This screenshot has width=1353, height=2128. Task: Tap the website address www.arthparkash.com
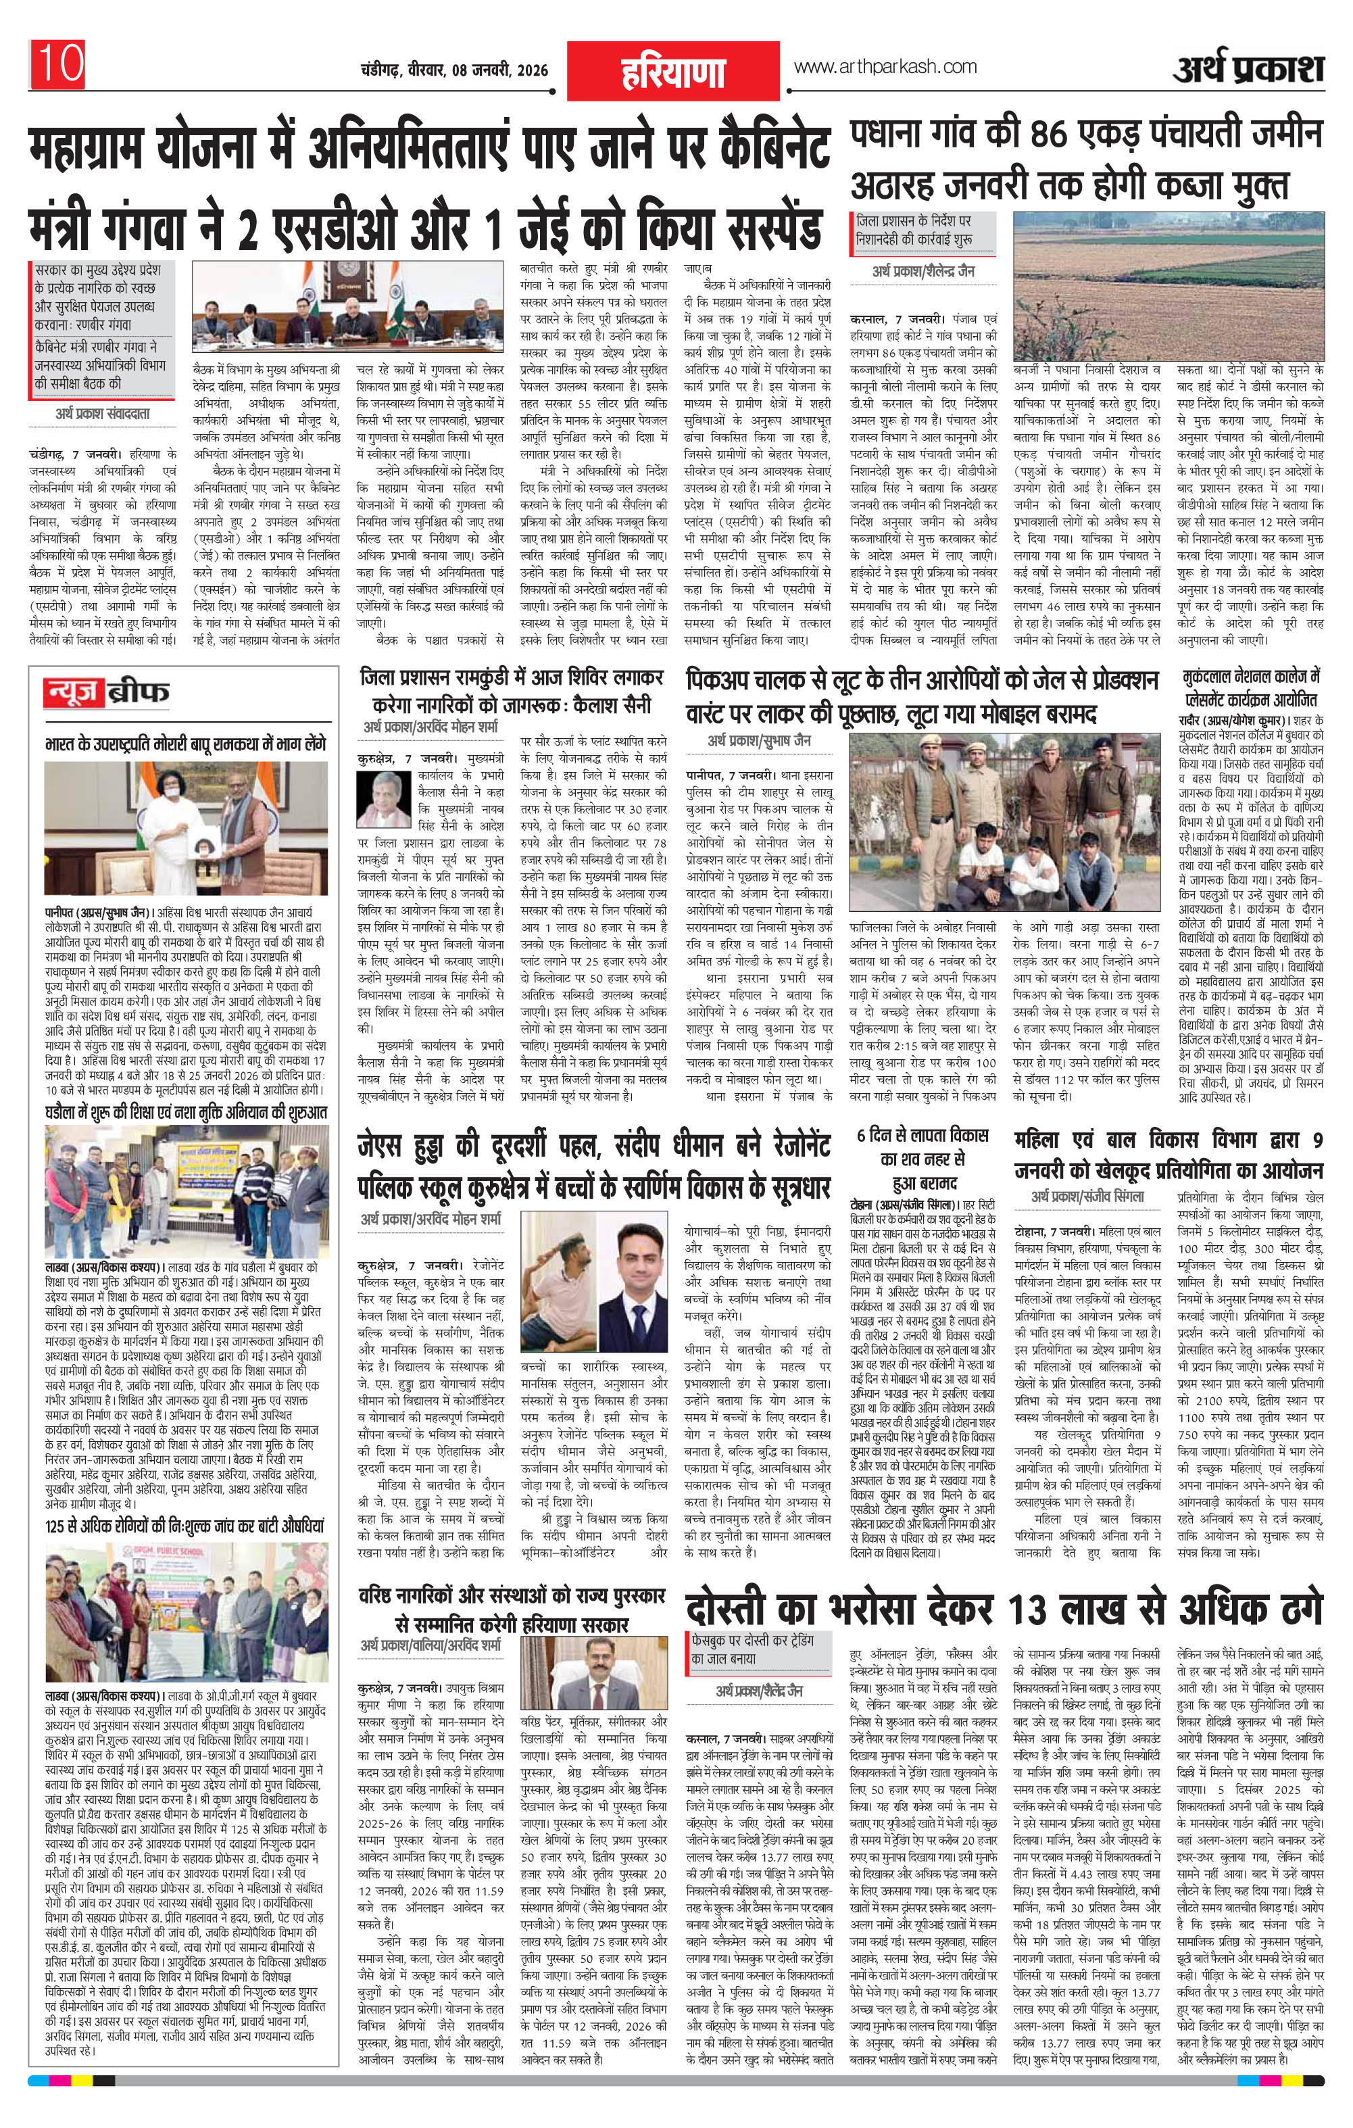pyautogui.click(x=885, y=66)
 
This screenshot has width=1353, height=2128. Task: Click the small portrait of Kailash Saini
pyautogui.click(x=382, y=798)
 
